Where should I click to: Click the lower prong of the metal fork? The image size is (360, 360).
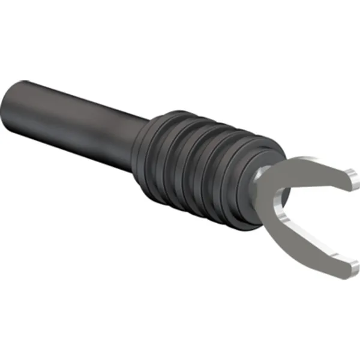tap(312, 246)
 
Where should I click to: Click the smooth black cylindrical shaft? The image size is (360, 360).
tap(78, 120)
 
